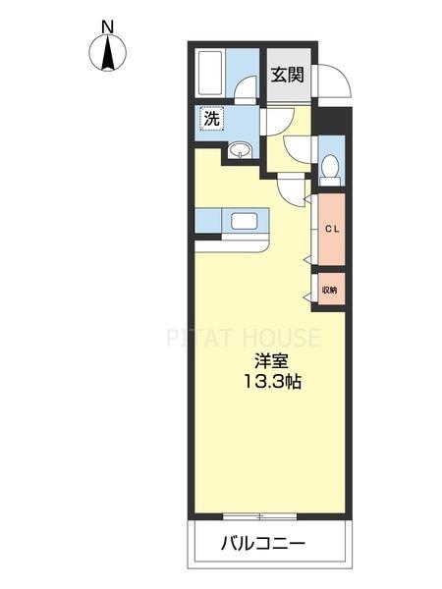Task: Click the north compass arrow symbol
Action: [x=107, y=53]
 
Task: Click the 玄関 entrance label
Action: [x=288, y=73]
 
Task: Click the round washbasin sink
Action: [x=242, y=150]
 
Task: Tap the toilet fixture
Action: [x=330, y=169]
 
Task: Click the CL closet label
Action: [x=331, y=229]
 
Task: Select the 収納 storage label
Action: [x=330, y=290]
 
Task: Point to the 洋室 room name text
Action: [x=270, y=360]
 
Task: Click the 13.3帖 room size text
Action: [x=271, y=382]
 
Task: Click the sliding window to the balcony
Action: [x=259, y=515]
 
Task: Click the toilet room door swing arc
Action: [x=296, y=149]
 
